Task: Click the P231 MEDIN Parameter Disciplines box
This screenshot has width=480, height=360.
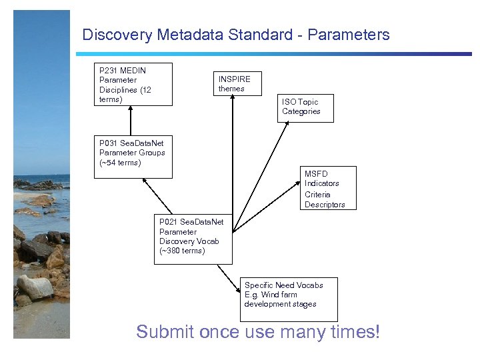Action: [x=133, y=84]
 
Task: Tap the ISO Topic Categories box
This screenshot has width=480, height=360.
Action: [x=305, y=108]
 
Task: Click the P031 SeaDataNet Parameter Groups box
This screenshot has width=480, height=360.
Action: [x=133, y=157]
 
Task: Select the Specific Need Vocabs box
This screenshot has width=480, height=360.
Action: [x=289, y=299]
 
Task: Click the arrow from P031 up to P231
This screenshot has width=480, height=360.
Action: [x=131, y=121]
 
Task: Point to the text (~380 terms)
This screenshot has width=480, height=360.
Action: [x=182, y=251]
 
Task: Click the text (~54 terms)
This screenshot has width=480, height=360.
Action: [x=120, y=163]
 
